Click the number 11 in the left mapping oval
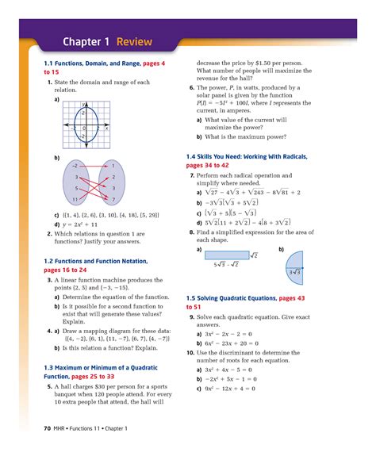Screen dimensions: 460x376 coord(75,198)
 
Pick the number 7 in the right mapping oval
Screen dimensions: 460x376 coord(113,198)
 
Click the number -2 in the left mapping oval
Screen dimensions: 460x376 coord(75,166)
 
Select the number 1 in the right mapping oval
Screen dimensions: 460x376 coord(113,166)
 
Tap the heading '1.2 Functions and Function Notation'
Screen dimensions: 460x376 coord(93,260)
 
